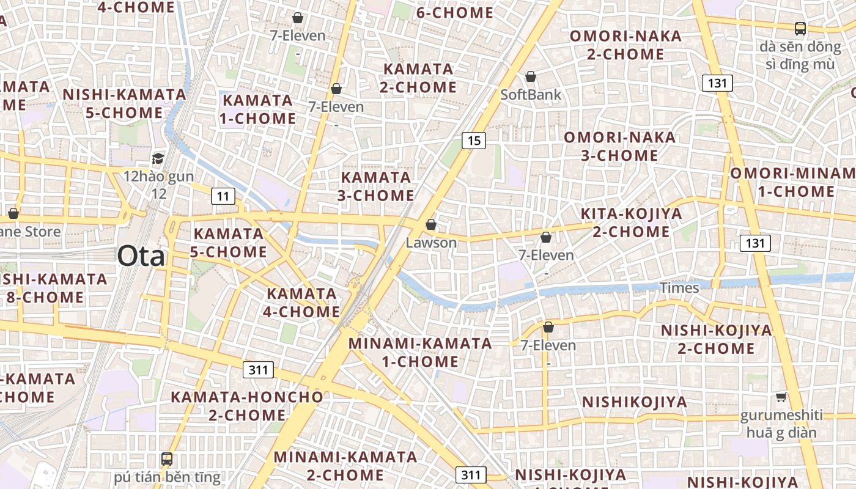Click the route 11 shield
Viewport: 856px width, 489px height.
pyautogui.click(x=223, y=196)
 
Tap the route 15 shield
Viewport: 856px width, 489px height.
pyautogui.click(x=473, y=141)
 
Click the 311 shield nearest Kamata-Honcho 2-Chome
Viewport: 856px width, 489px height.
pyautogui.click(x=258, y=370)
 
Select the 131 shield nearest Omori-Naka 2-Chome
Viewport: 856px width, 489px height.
pyautogui.click(x=717, y=83)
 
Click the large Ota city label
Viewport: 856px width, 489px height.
pyautogui.click(x=141, y=256)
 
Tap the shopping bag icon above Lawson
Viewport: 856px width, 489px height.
pyautogui.click(x=431, y=224)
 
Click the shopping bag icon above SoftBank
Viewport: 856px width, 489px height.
pyautogui.click(x=531, y=76)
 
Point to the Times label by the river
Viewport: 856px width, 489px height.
pyautogui.click(x=679, y=288)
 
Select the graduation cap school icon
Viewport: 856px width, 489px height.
pyautogui.click(x=158, y=159)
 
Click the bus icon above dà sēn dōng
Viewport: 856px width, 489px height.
pyautogui.click(x=800, y=28)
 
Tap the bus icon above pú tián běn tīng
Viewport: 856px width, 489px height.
pyautogui.click(x=166, y=458)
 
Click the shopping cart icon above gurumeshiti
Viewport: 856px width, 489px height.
pyautogui.click(x=781, y=397)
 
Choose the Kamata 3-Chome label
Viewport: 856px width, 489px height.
pyautogui.click(x=376, y=186)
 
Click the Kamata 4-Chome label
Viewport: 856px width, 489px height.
pyautogui.click(x=302, y=303)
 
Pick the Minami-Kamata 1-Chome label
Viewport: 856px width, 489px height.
pyautogui.click(x=420, y=352)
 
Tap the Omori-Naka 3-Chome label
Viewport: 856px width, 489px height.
pyautogui.click(x=619, y=146)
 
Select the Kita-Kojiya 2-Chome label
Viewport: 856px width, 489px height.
pyautogui.click(x=631, y=222)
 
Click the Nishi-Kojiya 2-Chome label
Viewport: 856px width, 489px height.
pyautogui.click(x=716, y=339)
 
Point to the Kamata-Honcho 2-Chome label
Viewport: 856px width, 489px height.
pyautogui.click(x=246, y=405)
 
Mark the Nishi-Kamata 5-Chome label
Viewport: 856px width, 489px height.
pyautogui.click(x=124, y=103)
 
